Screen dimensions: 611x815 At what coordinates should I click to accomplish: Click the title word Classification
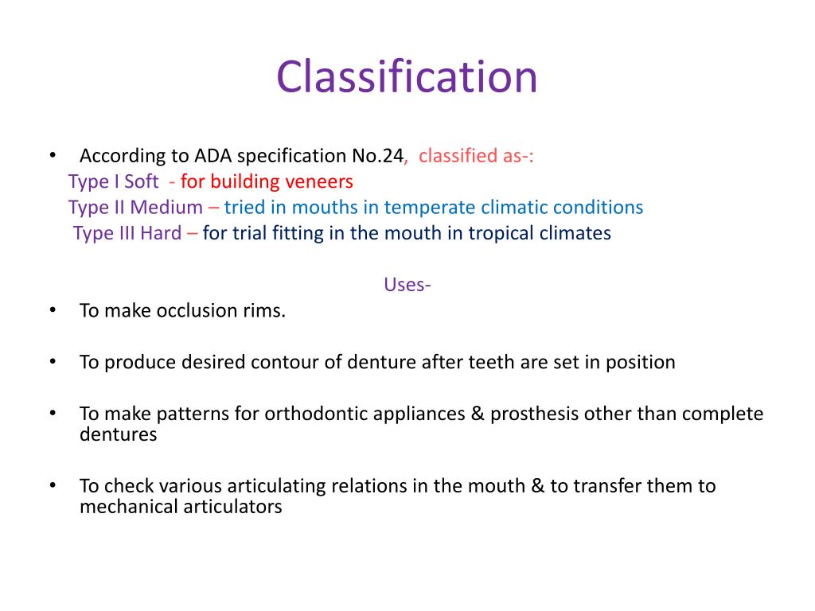click(407, 77)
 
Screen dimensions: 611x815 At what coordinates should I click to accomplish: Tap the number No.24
click(378, 155)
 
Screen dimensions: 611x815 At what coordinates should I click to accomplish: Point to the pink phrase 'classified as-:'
click(476, 155)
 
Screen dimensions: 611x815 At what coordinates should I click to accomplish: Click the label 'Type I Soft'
click(113, 181)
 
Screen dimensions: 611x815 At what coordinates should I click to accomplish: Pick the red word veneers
click(318, 181)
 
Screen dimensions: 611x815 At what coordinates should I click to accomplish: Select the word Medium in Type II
click(166, 208)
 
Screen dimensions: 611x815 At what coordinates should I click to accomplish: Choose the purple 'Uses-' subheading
click(407, 285)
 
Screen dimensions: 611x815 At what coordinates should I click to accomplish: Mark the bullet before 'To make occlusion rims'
click(53, 310)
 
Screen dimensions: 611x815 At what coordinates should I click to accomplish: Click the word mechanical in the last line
click(127, 507)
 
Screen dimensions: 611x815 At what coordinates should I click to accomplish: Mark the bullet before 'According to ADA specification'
click(53, 155)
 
